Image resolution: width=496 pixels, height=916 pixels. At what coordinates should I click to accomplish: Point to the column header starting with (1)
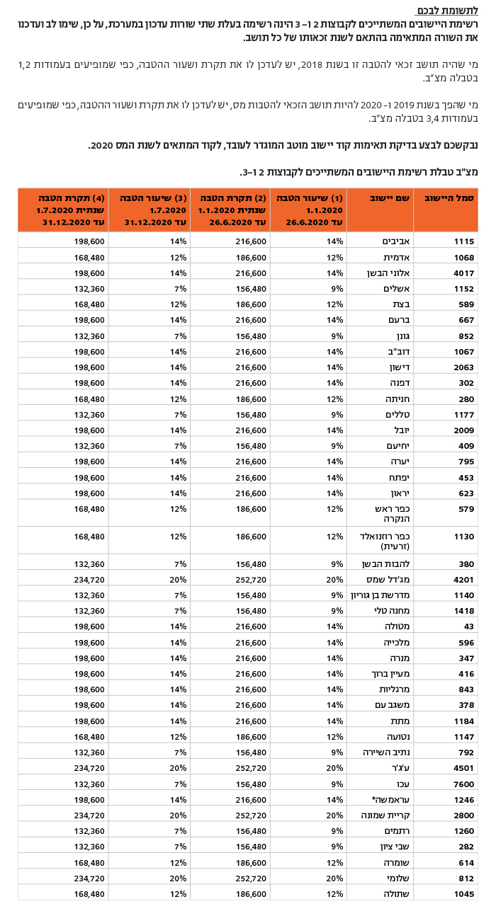(x=309, y=210)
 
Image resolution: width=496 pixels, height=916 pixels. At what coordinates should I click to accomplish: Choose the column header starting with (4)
(x=64, y=210)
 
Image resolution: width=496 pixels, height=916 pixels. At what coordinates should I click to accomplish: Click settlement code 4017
(x=463, y=273)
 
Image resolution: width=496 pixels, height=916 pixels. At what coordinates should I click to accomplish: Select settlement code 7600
(x=463, y=784)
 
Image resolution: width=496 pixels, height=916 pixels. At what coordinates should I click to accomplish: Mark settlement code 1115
(x=463, y=241)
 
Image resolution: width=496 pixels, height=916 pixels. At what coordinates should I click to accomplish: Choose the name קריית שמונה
(x=382, y=815)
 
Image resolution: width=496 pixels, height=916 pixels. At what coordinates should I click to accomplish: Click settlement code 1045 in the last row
(x=463, y=893)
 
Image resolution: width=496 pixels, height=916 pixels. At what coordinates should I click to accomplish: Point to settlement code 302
(x=466, y=383)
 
